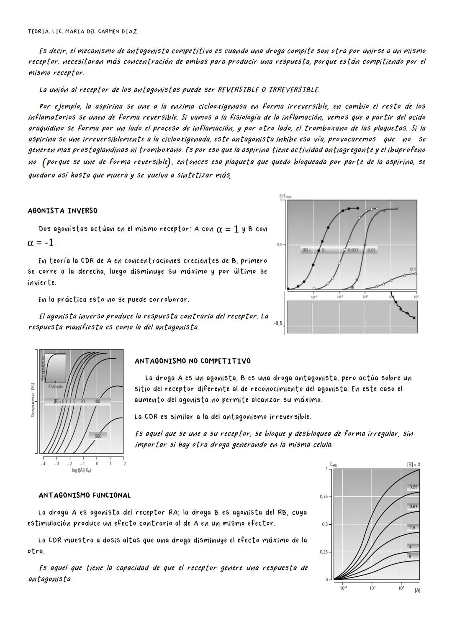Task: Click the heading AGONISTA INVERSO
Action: (x=62, y=210)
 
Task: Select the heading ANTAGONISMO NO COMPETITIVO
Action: (x=193, y=361)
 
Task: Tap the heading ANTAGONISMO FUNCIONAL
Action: (x=85, y=495)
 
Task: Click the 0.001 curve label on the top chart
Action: (x=353, y=250)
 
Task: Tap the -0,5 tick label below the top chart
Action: (x=277, y=323)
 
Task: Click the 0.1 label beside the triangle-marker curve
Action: (x=413, y=269)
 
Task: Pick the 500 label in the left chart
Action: (x=98, y=436)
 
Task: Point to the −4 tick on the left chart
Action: (x=43, y=464)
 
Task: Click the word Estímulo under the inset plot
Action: (x=55, y=386)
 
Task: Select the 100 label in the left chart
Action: (x=97, y=401)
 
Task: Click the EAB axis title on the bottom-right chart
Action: (x=334, y=464)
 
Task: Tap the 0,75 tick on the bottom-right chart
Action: (x=324, y=497)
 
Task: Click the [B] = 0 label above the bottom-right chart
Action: (x=413, y=464)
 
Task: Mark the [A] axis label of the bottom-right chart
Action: (x=417, y=590)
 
